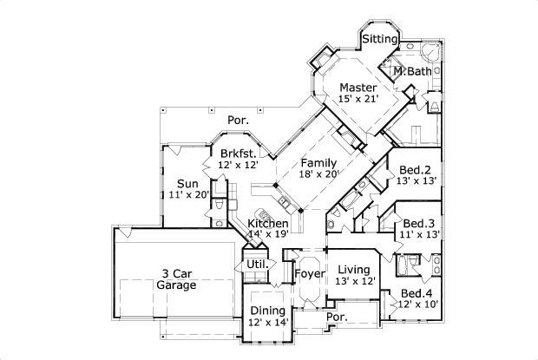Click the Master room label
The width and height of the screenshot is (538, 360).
click(358, 88)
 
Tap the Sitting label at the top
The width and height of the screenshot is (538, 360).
click(379, 39)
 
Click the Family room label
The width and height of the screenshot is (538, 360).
click(318, 162)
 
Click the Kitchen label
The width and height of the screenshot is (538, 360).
click(267, 224)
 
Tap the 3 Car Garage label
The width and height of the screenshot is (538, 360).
click(176, 278)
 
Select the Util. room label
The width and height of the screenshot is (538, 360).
click(256, 263)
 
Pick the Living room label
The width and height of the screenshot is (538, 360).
click(354, 269)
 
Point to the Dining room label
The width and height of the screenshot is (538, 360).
click(267, 311)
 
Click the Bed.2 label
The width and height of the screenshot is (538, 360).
click(415, 169)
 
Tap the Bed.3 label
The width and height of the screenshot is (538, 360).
click(419, 222)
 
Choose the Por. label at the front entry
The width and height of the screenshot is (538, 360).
click(337, 317)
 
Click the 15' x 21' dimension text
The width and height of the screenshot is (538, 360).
click(358, 100)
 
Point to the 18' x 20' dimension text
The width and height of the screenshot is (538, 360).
click(318, 174)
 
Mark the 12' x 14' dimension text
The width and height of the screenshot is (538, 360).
click(267, 323)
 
